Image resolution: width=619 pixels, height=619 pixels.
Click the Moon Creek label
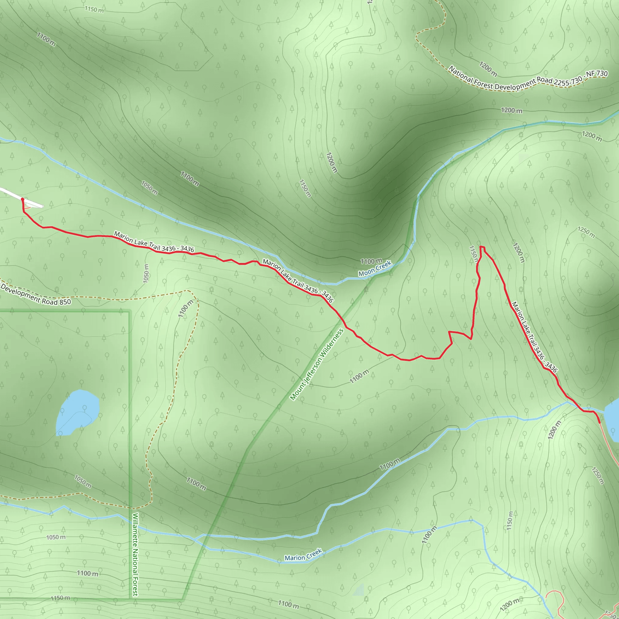pos(374,269)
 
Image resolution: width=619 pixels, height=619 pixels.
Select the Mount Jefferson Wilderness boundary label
pos(316,365)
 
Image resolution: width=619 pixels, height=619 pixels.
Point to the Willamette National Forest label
pos(135,555)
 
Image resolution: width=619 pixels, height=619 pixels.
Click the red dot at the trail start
pos(22,199)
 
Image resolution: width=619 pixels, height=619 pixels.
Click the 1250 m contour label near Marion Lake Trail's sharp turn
pos(586,232)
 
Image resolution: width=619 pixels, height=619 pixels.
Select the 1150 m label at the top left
pos(94,10)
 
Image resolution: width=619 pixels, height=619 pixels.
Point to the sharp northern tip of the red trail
pos(481,247)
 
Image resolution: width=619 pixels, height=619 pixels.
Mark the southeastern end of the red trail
pos(599,423)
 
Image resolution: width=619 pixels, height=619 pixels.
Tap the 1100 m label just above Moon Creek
pos(371,261)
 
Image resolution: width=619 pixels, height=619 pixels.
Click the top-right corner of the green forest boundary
pos(130,310)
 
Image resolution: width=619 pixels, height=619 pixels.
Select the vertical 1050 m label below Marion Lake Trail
pos(146,273)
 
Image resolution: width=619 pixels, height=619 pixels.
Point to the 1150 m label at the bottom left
pos(60,598)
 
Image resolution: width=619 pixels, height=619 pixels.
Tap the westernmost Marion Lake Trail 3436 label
pos(154,241)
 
